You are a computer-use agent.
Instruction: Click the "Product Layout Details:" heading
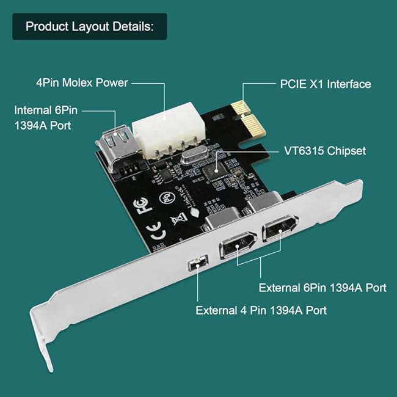(x=90, y=26)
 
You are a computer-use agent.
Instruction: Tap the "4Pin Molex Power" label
(x=82, y=83)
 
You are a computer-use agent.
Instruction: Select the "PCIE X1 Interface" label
(x=326, y=84)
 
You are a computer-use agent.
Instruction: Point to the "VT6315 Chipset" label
(x=325, y=151)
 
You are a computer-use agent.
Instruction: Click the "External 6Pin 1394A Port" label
(x=322, y=288)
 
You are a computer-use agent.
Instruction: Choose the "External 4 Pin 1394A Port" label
(x=261, y=310)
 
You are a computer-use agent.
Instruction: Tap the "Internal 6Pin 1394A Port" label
(x=46, y=118)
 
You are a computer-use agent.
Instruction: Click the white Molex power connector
(x=169, y=130)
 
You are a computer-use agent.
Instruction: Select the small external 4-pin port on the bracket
(x=198, y=263)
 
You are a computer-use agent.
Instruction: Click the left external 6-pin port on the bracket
(x=238, y=244)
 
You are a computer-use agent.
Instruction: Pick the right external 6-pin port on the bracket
(x=280, y=228)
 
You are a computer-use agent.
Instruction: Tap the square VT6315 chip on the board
(x=215, y=171)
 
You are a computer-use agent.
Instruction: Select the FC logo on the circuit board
(x=143, y=205)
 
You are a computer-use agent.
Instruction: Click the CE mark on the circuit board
(x=156, y=231)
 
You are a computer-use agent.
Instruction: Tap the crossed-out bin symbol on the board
(x=179, y=218)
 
